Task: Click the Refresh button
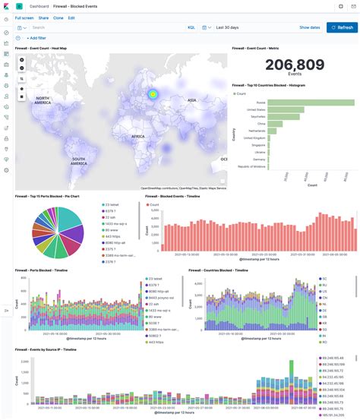342,27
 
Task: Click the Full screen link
24,17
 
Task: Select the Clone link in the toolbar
57,17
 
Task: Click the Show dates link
309,27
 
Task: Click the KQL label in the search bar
191,27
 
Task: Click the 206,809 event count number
295,66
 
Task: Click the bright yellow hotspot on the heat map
153,94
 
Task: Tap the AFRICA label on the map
137,136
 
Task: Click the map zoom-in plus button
22,59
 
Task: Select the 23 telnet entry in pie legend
111,205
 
